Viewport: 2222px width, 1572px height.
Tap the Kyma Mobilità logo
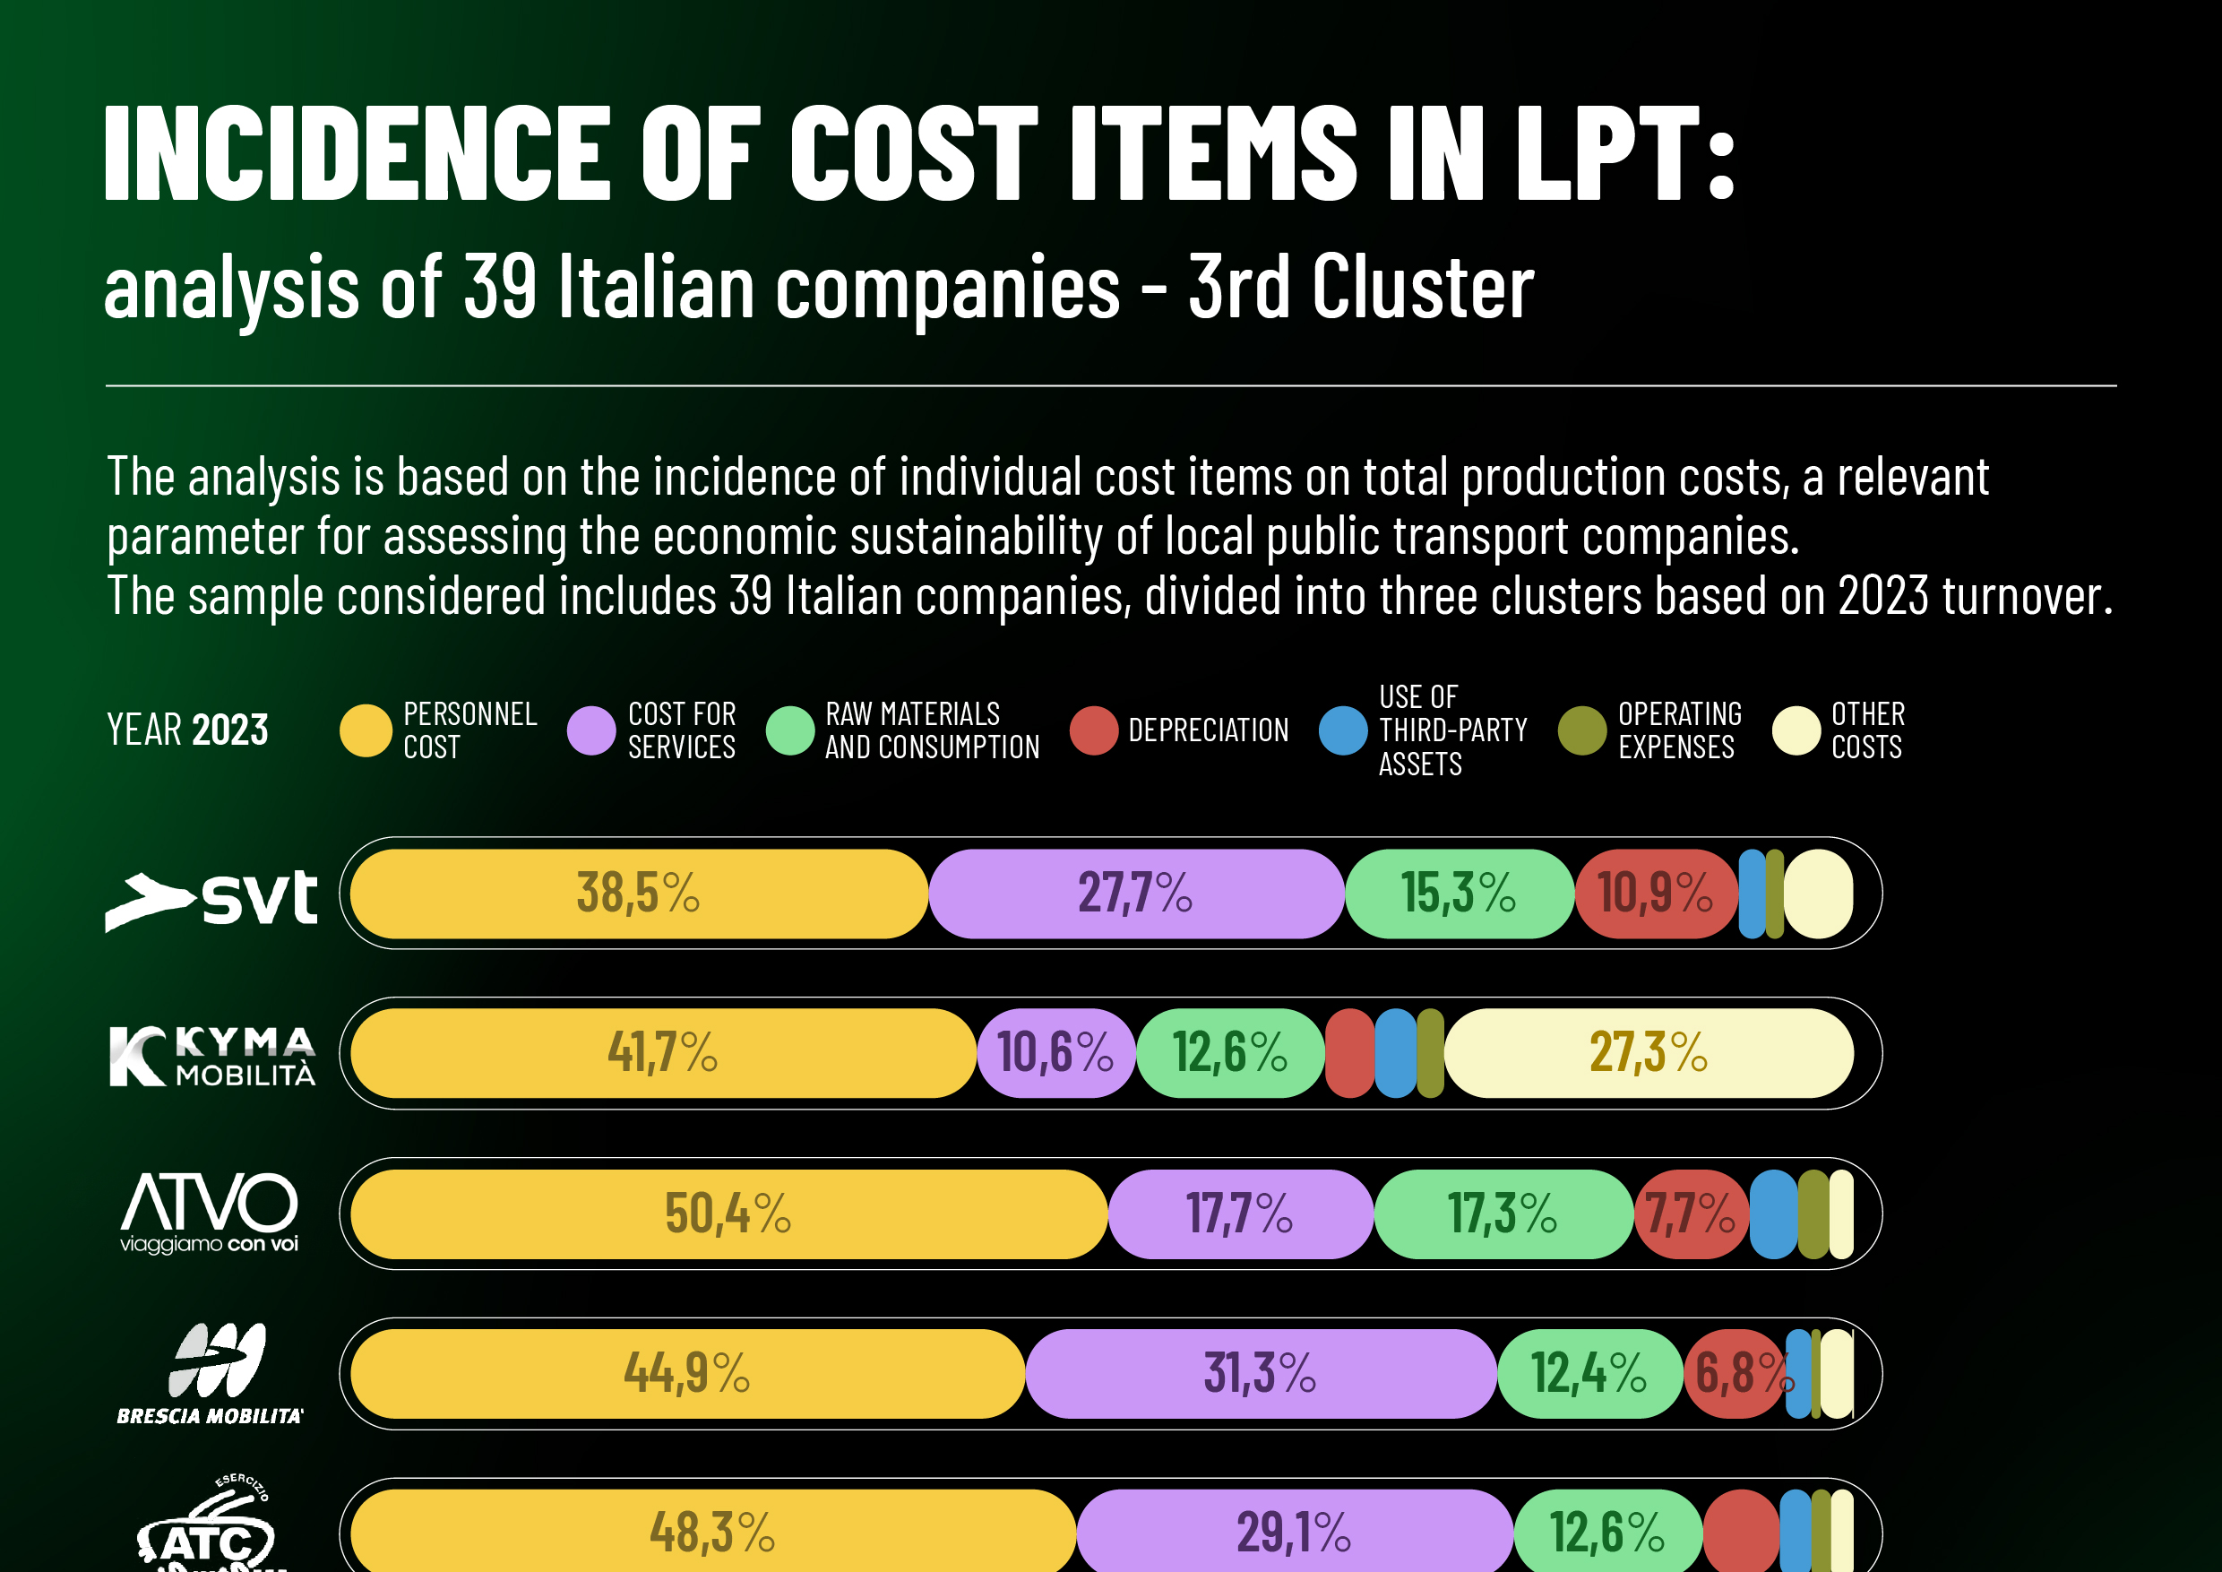coord(212,1056)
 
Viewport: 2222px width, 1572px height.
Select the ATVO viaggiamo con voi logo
coord(209,1212)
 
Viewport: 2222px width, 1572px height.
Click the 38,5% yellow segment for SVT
coord(639,894)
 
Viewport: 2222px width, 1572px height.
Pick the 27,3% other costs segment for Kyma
coord(1648,1053)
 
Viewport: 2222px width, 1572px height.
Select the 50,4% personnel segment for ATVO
coord(728,1214)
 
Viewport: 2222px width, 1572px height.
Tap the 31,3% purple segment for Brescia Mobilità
coord(1260,1374)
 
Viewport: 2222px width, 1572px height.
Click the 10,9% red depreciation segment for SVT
coord(1655,894)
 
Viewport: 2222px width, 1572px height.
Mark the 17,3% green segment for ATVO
coord(1502,1214)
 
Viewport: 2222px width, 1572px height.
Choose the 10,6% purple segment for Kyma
coord(1055,1053)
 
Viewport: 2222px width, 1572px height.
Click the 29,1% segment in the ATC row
coord(1294,1533)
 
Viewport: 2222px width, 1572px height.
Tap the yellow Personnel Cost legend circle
coord(366,730)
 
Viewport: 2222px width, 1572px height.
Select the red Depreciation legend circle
coord(1095,730)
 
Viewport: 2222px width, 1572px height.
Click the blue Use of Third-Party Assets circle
coord(1343,730)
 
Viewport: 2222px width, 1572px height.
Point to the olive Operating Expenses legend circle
coord(1582,730)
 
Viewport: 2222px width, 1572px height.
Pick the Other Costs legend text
coord(1867,730)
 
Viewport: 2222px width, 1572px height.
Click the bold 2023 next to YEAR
coord(230,730)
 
